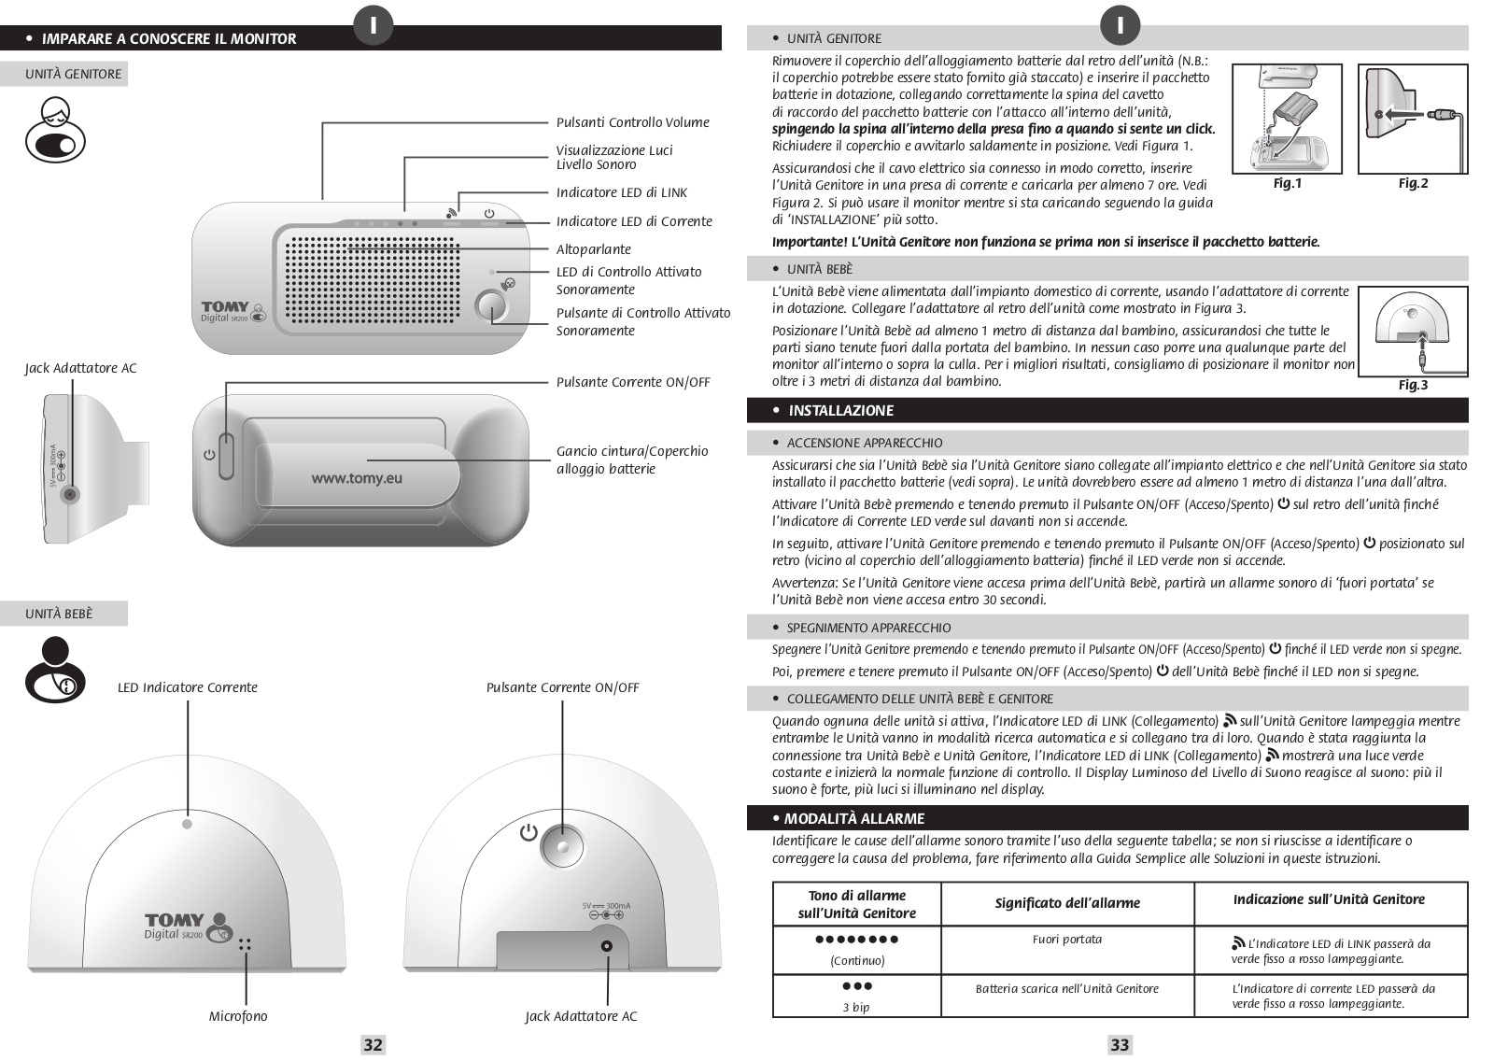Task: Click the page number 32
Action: pyautogui.click(x=373, y=1045)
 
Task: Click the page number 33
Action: pyautogui.click(x=1120, y=1045)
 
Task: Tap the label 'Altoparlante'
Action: pyautogui.click(x=594, y=249)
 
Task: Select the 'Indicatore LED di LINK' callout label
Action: pyautogui.click(x=622, y=192)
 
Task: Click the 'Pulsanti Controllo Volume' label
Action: pyautogui.click(x=633, y=122)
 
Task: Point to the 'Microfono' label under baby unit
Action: pyautogui.click(x=238, y=1016)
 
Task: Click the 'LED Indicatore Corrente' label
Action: pyautogui.click(x=188, y=687)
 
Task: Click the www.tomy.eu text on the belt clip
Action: pyautogui.click(x=357, y=477)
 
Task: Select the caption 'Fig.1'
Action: pyautogui.click(x=1287, y=183)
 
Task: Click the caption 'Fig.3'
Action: pyautogui.click(x=1413, y=385)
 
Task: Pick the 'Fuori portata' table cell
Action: pyautogui.click(x=1067, y=940)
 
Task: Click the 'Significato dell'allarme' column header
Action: pyautogui.click(x=1067, y=902)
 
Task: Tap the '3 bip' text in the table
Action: pyautogui.click(x=856, y=1007)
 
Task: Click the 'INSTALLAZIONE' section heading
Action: pyautogui.click(x=841, y=411)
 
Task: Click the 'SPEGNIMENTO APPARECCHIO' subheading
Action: pyautogui.click(x=869, y=628)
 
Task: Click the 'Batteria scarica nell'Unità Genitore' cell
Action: pyautogui.click(x=1067, y=988)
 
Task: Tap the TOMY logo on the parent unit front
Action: pyautogui.click(x=226, y=307)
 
